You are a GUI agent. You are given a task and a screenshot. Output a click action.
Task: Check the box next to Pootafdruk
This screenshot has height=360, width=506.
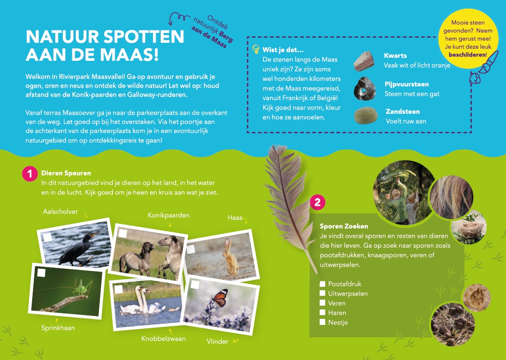(322, 284)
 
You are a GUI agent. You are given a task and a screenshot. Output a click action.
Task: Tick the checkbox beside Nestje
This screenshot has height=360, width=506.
(322, 322)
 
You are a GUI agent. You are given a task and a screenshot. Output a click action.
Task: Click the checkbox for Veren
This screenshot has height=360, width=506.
(322, 303)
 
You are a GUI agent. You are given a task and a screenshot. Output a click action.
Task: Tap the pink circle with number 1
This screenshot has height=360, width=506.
(30, 174)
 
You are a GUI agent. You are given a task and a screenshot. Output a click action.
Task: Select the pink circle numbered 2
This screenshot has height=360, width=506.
(317, 202)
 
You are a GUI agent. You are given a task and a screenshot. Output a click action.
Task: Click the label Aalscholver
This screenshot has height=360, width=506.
(60, 212)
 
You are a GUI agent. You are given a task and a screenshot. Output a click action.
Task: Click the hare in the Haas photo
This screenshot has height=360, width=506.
(230, 257)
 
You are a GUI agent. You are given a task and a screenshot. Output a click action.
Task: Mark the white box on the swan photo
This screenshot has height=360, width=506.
(119, 289)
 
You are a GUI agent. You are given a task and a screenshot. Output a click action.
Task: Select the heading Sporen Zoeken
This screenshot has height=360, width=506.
(344, 226)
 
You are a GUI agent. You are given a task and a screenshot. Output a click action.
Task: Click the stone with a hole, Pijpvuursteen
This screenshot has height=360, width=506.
(364, 89)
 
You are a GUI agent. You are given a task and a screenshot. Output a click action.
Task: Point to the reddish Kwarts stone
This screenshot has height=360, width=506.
(364, 61)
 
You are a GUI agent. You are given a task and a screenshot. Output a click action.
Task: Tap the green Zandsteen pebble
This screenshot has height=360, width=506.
(365, 115)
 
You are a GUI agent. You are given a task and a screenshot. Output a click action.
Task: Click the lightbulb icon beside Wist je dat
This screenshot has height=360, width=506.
(256, 49)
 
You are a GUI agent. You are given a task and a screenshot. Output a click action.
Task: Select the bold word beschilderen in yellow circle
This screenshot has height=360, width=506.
(467, 55)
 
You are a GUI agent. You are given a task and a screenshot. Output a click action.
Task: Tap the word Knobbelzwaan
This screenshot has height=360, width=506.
(163, 339)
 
